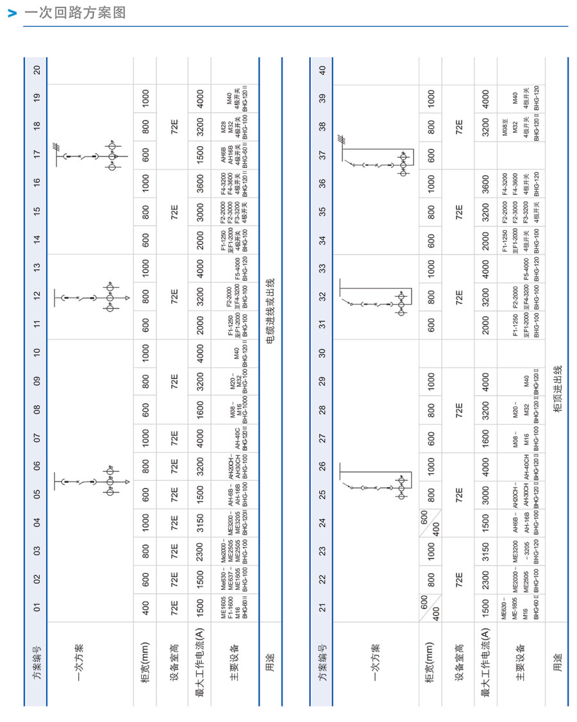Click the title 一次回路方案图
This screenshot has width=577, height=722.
pyautogui.click(x=74, y=13)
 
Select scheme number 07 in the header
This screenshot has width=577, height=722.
pyautogui.click(x=37, y=437)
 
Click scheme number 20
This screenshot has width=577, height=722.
pyautogui.click(x=37, y=70)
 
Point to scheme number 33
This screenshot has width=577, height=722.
pyautogui.click(x=323, y=267)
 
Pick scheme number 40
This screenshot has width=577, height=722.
pyautogui.click(x=323, y=70)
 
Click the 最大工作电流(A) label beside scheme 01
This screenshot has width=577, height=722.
pyautogui.click(x=200, y=667)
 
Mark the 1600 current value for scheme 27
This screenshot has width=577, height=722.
pyautogui.click(x=485, y=437)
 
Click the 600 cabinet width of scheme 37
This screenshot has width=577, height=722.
pyautogui.click(x=431, y=155)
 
